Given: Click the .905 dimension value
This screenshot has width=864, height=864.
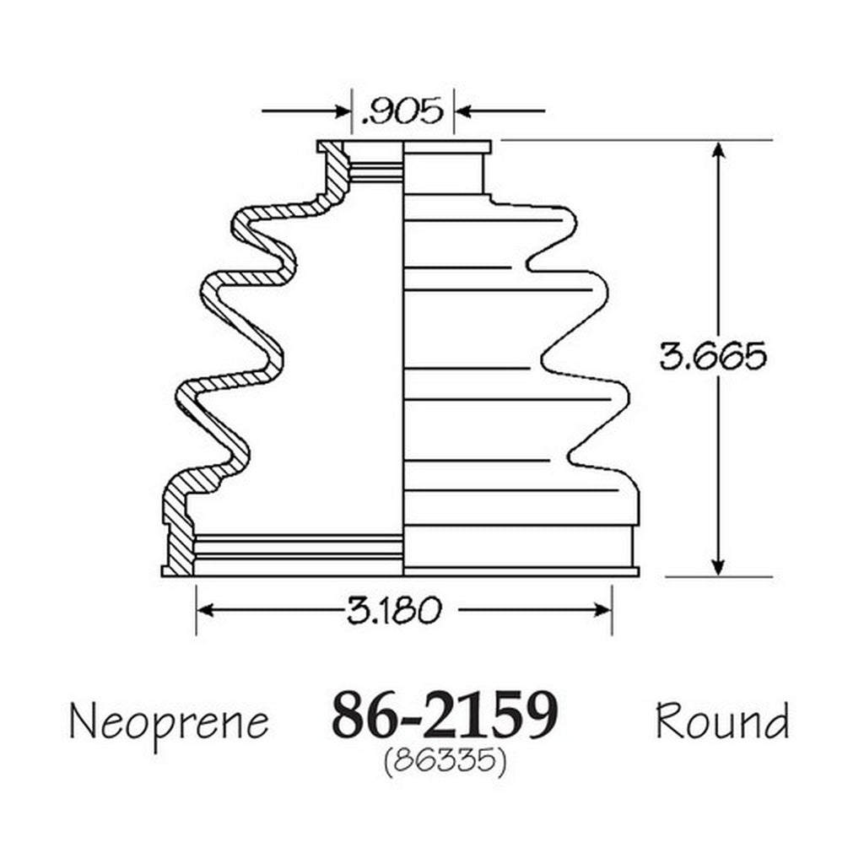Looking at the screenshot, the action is (x=402, y=111).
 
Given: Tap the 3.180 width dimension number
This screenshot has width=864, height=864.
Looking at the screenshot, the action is (x=395, y=611).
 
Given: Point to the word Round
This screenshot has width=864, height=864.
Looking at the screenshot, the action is (x=722, y=721).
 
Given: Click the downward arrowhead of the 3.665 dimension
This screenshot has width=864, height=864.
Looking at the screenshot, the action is (x=717, y=567).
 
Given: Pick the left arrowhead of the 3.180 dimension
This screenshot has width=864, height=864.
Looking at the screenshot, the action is (x=206, y=610).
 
